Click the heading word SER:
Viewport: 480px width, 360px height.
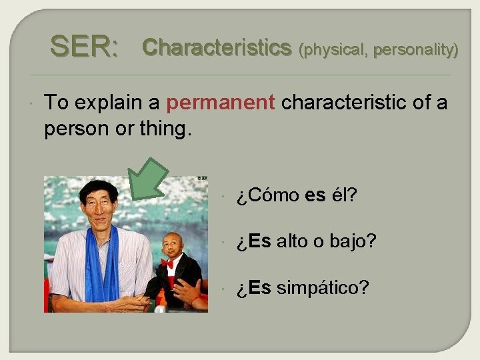tap(85, 47)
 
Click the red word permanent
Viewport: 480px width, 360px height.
tap(221, 103)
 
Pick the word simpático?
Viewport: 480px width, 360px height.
tap(322, 288)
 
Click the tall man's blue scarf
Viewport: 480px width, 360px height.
tap(102, 267)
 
